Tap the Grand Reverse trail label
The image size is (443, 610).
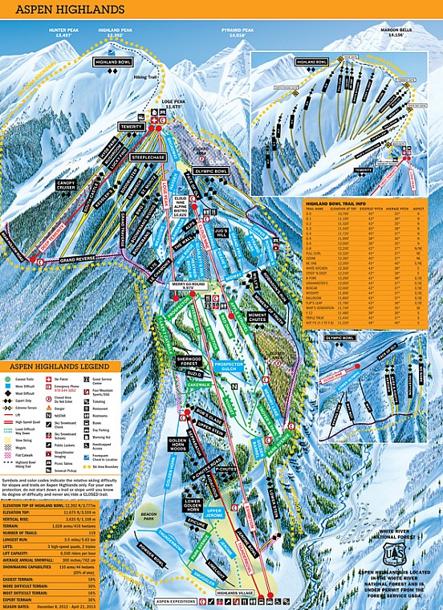point(77,259)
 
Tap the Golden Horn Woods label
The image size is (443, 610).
point(177,445)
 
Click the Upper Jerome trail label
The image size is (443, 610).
point(213,511)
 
